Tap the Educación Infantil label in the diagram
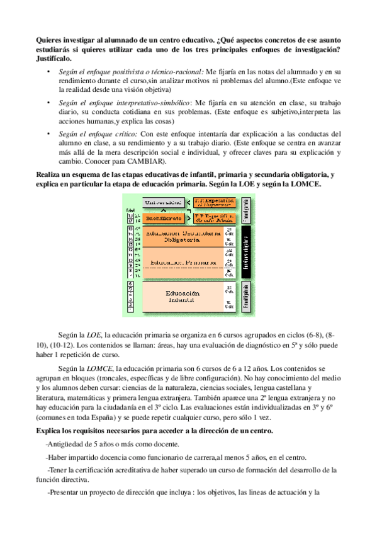click(x=183, y=297)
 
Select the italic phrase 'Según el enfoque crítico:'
click(x=98, y=134)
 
